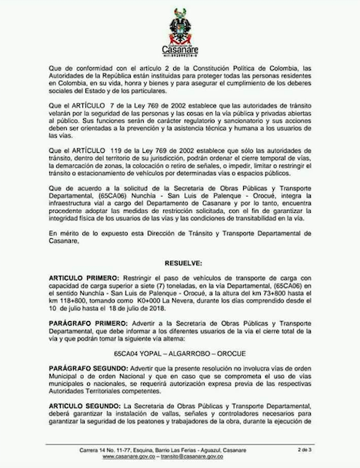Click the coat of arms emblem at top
click(179, 22)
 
